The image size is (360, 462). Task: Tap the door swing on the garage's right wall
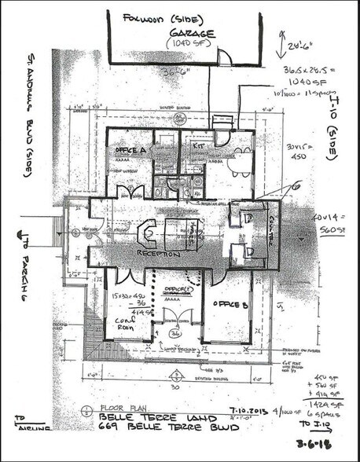(x=224, y=58)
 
